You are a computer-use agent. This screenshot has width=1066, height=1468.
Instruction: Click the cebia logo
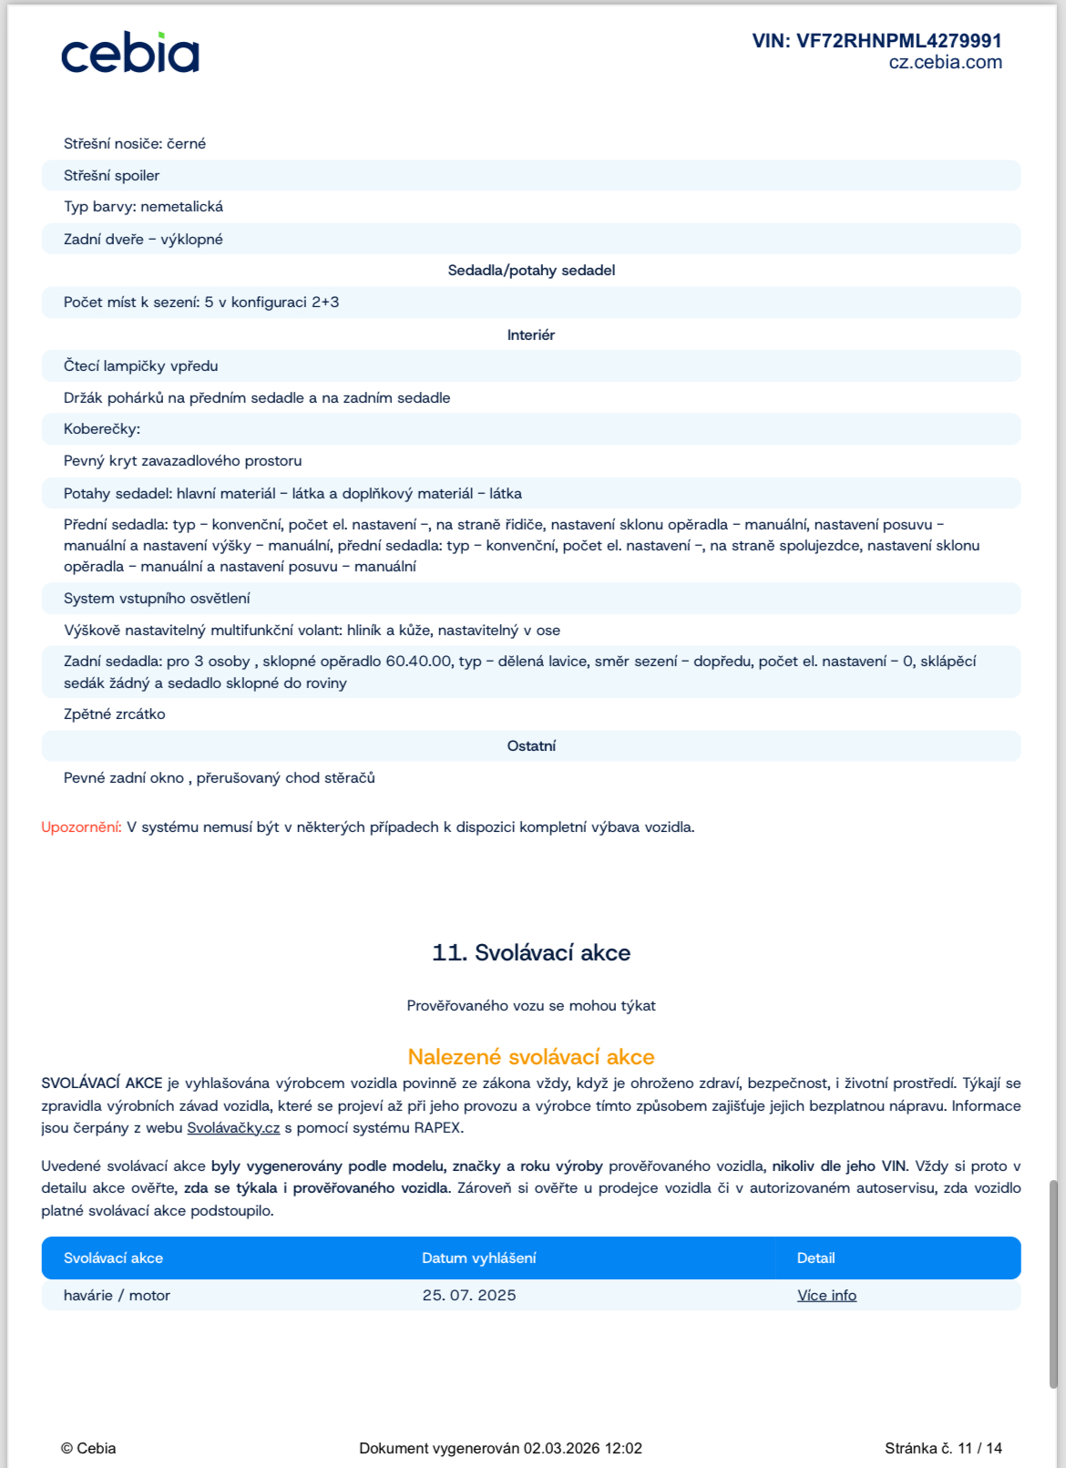point(129,54)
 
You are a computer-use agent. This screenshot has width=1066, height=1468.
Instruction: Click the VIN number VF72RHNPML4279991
point(876,41)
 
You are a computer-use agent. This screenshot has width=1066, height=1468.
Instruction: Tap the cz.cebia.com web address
point(945,63)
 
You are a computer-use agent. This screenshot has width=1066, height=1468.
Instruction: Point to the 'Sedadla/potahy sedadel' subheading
point(531,271)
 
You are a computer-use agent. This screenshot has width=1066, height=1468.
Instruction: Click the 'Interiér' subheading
point(531,335)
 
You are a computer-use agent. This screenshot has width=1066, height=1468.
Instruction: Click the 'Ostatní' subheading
point(531,746)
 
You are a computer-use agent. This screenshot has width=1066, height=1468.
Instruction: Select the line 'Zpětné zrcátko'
point(115,714)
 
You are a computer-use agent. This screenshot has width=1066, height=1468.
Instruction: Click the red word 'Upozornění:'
point(81,827)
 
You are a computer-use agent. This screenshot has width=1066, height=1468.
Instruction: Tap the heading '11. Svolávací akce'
point(531,953)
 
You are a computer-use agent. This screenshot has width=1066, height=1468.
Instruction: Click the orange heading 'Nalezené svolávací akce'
point(531,1057)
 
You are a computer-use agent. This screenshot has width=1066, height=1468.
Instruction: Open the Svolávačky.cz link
point(233,1128)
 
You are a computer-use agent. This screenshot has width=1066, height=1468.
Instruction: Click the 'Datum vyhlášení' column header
point(479,1258)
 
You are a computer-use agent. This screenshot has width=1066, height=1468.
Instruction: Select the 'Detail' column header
point(815,1258)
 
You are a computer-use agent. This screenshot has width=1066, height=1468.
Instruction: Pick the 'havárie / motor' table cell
point(117,1296)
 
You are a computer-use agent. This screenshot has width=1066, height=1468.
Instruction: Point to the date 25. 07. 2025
point(469,1296)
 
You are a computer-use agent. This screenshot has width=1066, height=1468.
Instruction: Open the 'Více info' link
point(826,1296)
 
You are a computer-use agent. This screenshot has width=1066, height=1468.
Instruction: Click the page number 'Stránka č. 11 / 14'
point(943,1448)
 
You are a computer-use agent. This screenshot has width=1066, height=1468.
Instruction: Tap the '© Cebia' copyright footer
point(88,1448)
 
